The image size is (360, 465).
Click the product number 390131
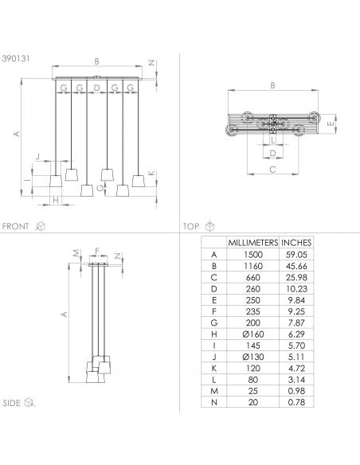point(16,58)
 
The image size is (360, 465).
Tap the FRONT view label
point(15,226)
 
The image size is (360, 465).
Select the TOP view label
point(191,226)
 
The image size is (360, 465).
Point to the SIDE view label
point(12,403)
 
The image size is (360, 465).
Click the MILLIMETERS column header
point(253,243)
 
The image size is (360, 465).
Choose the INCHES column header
point(296,243)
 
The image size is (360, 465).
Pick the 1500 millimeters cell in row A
point(253,255)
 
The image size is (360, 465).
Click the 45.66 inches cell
point(296,266)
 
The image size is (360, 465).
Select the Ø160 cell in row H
point(253,334)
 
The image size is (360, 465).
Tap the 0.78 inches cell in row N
point(296,402)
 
